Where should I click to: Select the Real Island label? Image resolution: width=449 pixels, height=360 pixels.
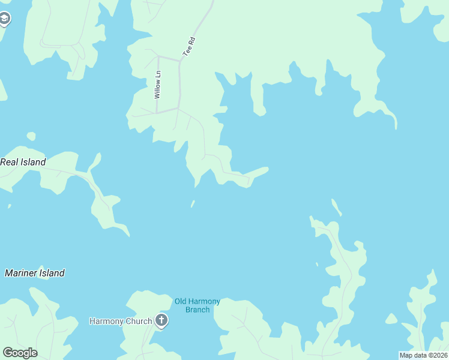click(23, 162)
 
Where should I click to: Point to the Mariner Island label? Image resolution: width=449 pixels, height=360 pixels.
click(35, 273)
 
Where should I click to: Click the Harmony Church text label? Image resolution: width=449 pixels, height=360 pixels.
click(121, 321)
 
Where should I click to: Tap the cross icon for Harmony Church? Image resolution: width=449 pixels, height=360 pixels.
click(161, 320)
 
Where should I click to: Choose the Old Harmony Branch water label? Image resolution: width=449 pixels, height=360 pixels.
click(197, 305)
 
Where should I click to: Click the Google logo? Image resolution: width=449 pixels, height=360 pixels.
click(20, 353)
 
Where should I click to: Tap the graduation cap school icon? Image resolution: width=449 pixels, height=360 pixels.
click(5, 19)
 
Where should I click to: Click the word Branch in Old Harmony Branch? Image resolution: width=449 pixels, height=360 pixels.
click(197, 310)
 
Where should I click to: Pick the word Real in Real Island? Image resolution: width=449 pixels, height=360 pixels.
click(10, 162)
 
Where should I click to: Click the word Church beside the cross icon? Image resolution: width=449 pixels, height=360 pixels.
click(140, 321)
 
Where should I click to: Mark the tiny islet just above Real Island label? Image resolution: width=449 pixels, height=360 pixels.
click(31, 136)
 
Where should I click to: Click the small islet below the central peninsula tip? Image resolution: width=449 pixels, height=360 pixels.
click(193, 204)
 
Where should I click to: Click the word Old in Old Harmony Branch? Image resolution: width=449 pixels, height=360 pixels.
click(181, 301)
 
